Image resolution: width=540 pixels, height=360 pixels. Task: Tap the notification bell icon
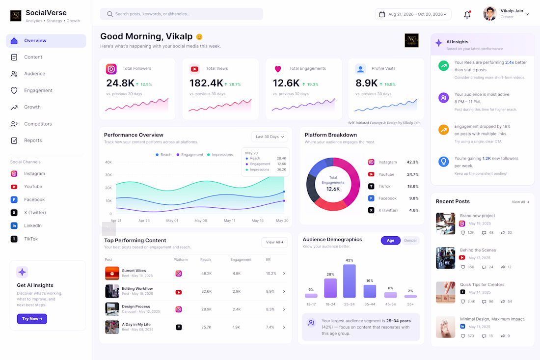point(467,14)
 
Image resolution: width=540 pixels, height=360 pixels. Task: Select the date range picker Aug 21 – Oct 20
point(413,14)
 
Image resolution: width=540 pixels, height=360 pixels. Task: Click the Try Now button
point(32,319)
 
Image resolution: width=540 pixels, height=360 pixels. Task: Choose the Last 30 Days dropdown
point(270,137)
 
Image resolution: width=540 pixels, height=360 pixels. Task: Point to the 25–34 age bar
point(349,281)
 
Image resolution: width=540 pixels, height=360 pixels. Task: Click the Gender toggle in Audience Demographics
point(410,241)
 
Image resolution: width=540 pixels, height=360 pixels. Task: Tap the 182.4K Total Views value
point(206,83)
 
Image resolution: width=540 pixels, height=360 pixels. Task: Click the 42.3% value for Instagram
point(412,162)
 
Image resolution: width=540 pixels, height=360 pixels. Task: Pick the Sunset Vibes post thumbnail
point(112,273)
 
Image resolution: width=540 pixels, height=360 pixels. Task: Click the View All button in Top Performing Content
point(274,242)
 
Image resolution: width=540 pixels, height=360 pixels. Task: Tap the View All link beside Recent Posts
point(520,202)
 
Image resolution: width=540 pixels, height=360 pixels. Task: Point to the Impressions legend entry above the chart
point(220,155)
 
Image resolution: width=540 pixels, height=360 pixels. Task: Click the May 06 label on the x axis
point(200,221)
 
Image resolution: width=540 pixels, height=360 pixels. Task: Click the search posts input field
point(182,14)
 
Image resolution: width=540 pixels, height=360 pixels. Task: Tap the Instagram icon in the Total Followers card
point(111,69)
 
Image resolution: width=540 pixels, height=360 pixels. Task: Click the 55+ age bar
point(410,296)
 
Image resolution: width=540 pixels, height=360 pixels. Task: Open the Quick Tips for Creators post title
point(482,284)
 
